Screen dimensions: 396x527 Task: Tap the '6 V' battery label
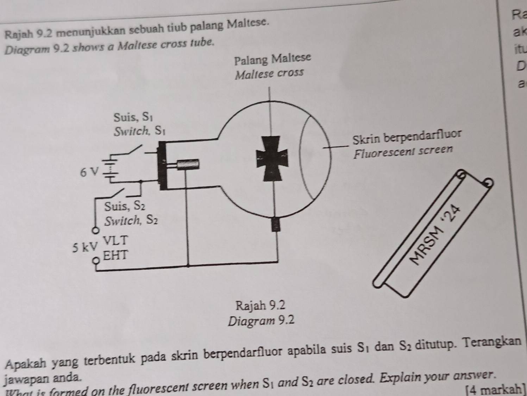tap(88, 172)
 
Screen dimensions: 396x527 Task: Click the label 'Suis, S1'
tap(130, 116)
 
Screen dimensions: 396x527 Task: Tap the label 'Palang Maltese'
tap(273, 59)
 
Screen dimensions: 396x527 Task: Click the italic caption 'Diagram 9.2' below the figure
tap(261, 321)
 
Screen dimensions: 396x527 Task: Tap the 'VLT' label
tap(115, 241)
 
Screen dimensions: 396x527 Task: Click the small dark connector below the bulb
tap(276, 225)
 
